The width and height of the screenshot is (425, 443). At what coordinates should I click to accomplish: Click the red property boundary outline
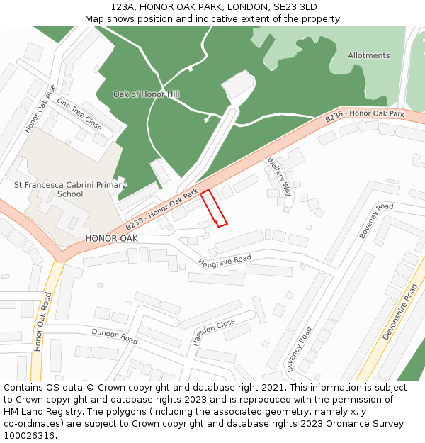pyautogui.click(x=213, y=208)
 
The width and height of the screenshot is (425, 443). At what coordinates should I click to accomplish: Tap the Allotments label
pyautogui.click(x=368, y=55)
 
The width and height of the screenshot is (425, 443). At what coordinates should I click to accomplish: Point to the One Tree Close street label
pyautogui.click(x=79, y=113)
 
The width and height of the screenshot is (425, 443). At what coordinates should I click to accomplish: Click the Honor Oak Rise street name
pyautogui.click(x=40, y=108)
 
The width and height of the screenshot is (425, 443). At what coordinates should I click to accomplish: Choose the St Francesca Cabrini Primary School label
pyautogui.click(x=70, y=189)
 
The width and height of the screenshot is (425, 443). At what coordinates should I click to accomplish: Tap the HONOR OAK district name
pyautogui.click(x=111, y=239)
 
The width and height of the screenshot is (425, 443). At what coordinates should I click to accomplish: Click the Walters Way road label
pyautogui.click(x=279, y=176)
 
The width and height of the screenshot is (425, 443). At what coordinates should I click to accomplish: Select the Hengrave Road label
pyautogui.click(x=225, y=262)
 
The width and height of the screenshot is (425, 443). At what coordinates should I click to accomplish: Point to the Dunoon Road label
pyautogui.click(x=114, y=336)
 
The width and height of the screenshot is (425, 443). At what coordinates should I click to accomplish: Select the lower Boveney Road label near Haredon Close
pyautogui.click(x=300, y=349)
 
